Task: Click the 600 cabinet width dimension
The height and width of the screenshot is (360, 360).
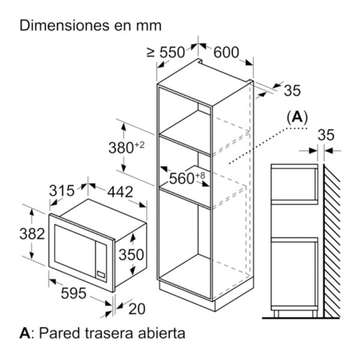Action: tap(226, 52)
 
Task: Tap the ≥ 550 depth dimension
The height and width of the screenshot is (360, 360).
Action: tap(166, 52)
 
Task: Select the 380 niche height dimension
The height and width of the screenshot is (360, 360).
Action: tap(126, 147)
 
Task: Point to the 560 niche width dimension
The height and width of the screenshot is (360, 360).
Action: tap(187, 178)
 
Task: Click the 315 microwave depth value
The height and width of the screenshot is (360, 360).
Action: tap(62, 190)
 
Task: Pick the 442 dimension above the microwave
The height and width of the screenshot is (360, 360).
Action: tap(120, 192)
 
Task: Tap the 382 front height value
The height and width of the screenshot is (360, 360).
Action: tap(32, 234)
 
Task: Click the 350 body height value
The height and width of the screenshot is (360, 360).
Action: tap(131, 254)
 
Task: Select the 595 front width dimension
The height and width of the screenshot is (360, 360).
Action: tap(73, 293)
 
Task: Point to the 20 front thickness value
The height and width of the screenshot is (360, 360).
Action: tap(137, 308)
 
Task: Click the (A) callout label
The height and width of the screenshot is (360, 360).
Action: tap(298, 118)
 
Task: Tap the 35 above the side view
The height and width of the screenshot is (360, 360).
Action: tap(326, 135)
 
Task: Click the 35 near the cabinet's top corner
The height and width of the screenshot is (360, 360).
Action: tap(292, 90)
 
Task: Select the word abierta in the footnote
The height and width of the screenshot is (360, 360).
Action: tap(161, 333)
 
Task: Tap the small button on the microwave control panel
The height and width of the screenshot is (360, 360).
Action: tap(101, 274)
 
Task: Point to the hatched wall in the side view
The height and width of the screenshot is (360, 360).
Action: tap(332, 241)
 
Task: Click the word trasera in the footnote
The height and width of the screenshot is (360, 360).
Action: tap(109, 333)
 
